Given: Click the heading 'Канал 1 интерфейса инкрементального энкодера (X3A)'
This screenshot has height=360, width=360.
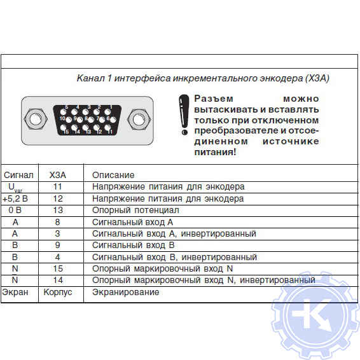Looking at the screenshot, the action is (x=203, y=78).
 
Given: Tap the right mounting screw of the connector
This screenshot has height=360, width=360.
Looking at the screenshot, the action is (x=136, y=118).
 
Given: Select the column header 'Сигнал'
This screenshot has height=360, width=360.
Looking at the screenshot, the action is (x=18, y=175).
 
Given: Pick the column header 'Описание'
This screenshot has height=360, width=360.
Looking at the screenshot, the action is (x=113, y=175).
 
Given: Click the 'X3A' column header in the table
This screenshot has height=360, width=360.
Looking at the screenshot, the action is (x=58, y=175).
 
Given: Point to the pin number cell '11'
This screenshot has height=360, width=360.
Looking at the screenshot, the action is (x=58, y=187).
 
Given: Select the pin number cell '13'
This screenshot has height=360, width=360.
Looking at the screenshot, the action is (x=58, y=210).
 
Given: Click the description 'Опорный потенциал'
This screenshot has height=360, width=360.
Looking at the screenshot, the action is (x=135, y=210).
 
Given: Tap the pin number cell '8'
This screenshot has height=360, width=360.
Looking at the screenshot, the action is (x=58, y=222).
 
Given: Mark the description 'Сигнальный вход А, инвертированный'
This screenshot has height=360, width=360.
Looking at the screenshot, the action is (x=174, y=233).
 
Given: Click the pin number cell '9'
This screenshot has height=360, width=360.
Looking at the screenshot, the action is (x=58, y=245).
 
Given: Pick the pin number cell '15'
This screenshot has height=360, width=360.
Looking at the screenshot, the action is (x=58, y=268).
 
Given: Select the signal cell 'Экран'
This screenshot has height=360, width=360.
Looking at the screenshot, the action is (x=15, y=292).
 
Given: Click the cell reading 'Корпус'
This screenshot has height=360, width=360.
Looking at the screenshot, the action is (x=58, y=292).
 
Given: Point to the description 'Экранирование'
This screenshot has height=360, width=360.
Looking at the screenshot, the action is (x=125, y=292).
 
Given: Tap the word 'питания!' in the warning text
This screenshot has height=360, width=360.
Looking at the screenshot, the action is (x=214, y=153).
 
